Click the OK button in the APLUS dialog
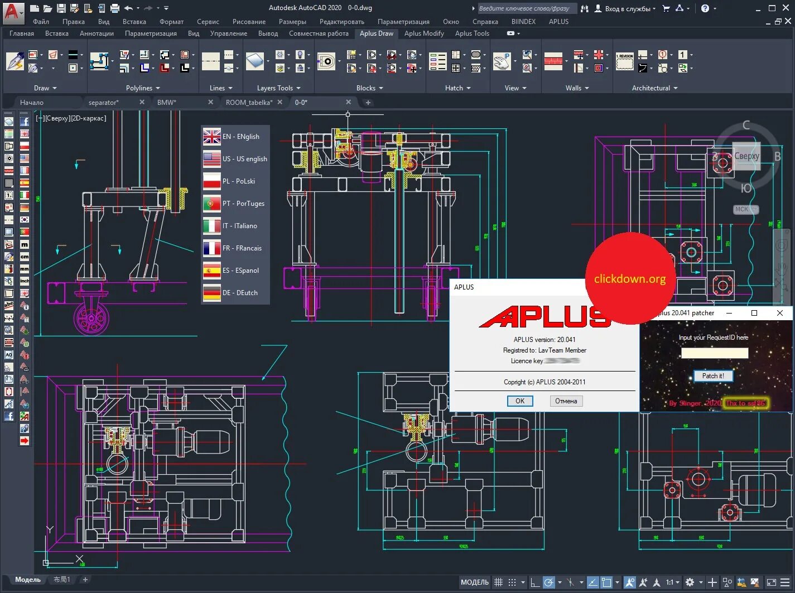(x=519, y=401)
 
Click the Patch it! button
(x=713, y=376)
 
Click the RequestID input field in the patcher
(x=714, y=353)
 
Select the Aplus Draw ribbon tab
(x=376, y=33)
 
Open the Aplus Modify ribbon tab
(x=424, y=33)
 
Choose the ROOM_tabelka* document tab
(x=249, y=103)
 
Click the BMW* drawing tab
(x=166, y=103)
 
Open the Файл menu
(x=41, y=22)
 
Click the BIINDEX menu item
(x=523, y=22)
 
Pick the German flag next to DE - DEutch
(x=212, y=293)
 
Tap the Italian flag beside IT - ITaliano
(x=212, y=226)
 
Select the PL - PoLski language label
(x=239, y=181)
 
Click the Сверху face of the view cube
(x=746, y=156)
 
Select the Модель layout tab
(x=28, y=580)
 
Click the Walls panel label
(x=573, y=88)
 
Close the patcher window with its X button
(x=780, y=313)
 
